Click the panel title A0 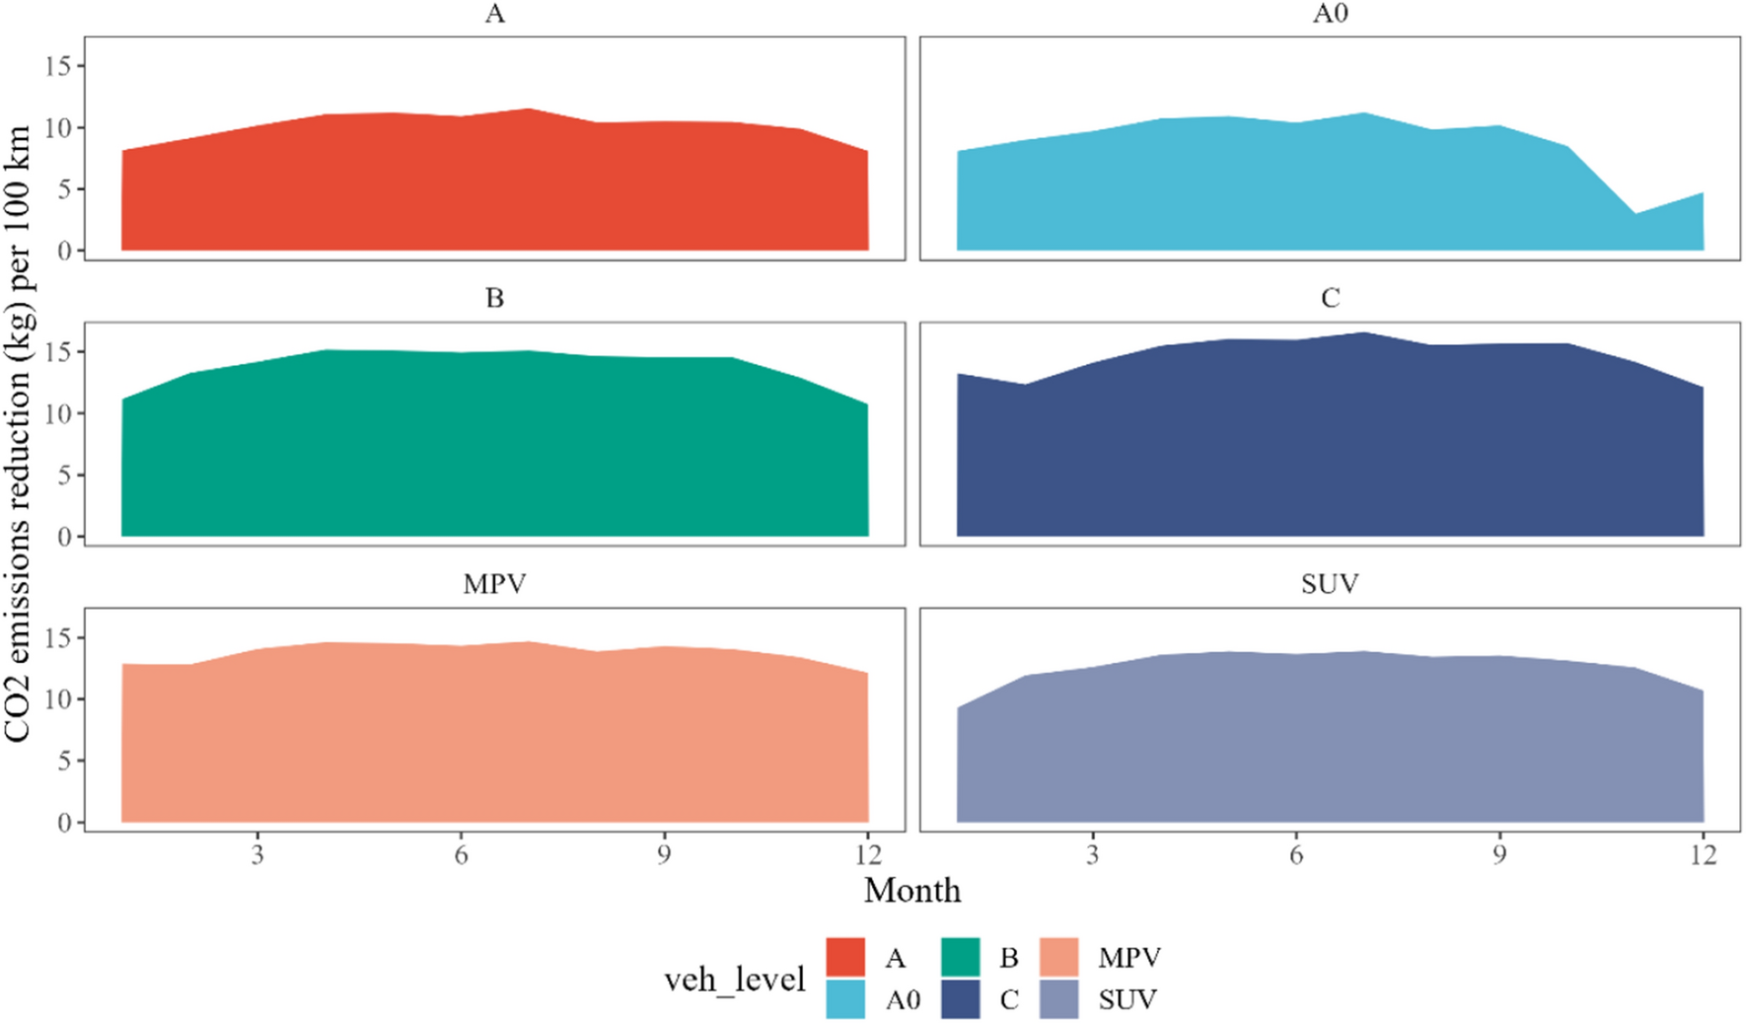click(x=1330, y=14)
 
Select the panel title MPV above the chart click(x=494, y=584)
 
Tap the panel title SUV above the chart click(x=1330, y=584)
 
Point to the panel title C click(x=1330, y=299)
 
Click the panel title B click(x=494, y=299)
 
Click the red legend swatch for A click(x=845, y=957)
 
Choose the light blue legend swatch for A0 click(x=845, y=999)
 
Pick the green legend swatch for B click(x=960, y=957)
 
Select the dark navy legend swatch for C click(x=960, y=999)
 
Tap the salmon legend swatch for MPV click(x=1059, y=957)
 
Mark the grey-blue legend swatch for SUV click(x=1059, y=999)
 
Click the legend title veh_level click(x=735, y=980)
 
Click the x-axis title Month click(x=912, y=891)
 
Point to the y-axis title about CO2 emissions click(x=18, y=434)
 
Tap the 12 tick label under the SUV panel click(x=1703, y=855)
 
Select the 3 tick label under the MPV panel click(x=257, y=855)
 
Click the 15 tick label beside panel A click(x=59, y=66)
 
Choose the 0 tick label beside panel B click(x=65, y=538)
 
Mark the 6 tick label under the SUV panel click(x=1296, y=855)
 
